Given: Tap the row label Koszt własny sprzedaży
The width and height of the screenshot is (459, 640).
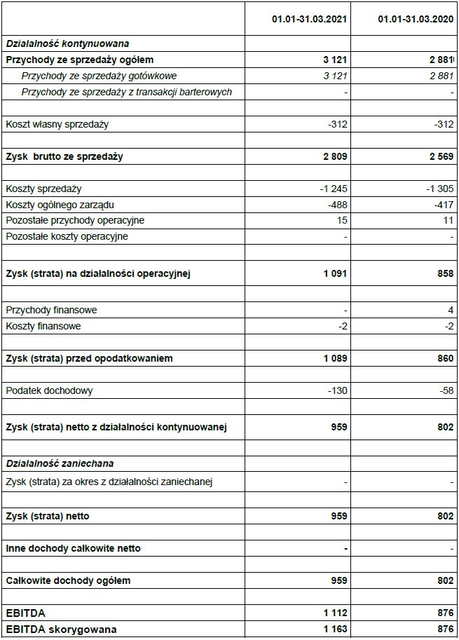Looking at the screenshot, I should [x=57, y=125].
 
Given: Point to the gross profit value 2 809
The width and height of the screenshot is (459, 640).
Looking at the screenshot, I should [x=334, y=156].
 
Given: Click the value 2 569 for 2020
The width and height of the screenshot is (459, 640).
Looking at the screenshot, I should [x=439, y=156].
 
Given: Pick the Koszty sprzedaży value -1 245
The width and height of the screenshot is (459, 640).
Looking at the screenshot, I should [x=332, y=189].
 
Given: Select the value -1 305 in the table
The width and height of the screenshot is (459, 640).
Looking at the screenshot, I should [x=438, y=189].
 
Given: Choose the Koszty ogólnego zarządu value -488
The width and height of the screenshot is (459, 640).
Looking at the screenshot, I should [x=337, y=205].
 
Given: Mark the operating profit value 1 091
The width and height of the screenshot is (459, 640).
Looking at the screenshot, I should [x=335, y=273].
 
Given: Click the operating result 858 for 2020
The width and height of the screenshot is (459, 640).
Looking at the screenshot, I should [x=445, y=273].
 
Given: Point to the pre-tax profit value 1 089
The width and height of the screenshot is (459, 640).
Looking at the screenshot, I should [x=335, y=358].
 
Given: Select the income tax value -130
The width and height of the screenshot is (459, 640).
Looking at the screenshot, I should [x=337, y=390].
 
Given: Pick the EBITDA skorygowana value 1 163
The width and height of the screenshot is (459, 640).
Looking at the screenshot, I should [x=335, y=629].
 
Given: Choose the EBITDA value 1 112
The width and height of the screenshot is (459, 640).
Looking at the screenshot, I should [x=335, y=613].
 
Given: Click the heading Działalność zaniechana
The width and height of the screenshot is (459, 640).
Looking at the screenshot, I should [x=60, y=463].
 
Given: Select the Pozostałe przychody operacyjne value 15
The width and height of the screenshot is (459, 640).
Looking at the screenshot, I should [x=342, y=221].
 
